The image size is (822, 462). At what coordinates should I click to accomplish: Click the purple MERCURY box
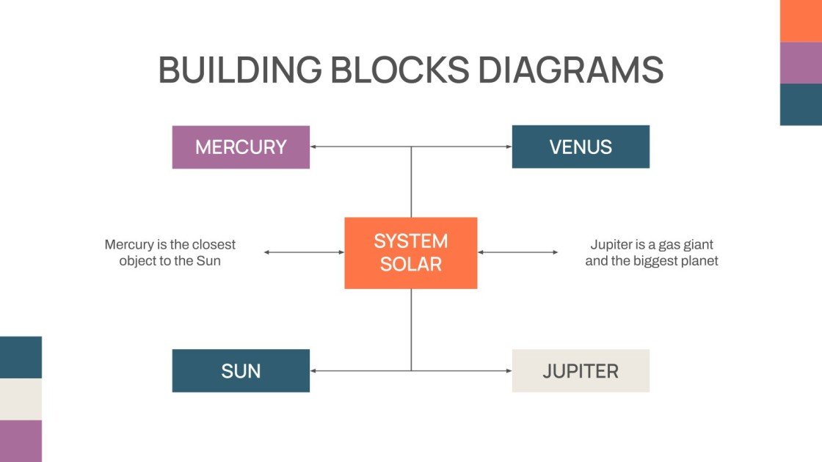tap(241, 147)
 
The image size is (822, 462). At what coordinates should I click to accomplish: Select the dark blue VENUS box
tap(581, 147)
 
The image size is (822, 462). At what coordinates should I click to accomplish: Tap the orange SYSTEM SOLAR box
tap(411, 252)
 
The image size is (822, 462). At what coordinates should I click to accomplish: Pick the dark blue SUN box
tap(241, 371)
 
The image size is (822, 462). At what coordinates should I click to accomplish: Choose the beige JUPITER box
tap(581, 371)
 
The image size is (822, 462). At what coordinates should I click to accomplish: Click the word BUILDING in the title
tap(239, 70)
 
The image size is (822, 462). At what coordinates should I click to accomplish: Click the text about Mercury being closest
tap(170, 252)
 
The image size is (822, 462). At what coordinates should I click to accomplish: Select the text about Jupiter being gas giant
tap(652, 252)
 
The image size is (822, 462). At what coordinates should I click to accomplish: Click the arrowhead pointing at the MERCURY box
tap(313, 147)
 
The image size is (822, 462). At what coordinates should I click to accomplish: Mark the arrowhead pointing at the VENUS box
tap(508, 147)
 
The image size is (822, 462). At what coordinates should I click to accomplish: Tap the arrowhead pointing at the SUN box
tap(313, 371)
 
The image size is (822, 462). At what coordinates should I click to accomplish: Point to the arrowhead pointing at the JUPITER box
tap(508, 371)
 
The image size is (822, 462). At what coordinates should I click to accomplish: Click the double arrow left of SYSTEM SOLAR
tap(304, 252)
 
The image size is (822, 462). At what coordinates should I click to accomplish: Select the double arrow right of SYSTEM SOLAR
tap(517, 252)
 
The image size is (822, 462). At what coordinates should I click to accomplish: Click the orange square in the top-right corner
tap(801, 21)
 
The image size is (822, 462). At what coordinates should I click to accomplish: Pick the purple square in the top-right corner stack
tap(801, 62)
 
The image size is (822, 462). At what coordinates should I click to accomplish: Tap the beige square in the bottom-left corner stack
tap(21, 399)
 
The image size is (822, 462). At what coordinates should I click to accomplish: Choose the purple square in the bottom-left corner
tap(21, 441)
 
